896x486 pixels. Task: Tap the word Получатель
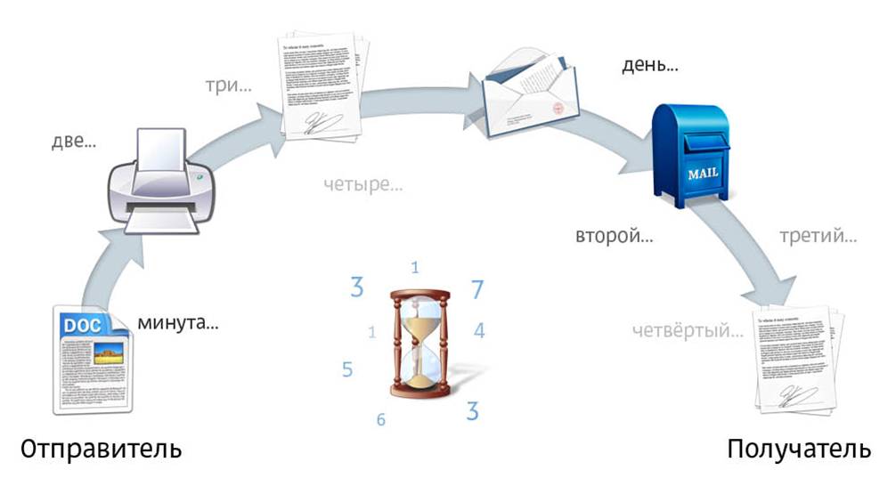click(798, 449)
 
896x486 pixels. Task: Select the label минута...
click(177, 322)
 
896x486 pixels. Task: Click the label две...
click(74, 142)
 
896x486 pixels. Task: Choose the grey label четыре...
click(363, 186)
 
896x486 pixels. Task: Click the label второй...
click(614, 238)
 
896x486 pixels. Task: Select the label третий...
click(818, 238)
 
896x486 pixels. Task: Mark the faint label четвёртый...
click(687, 331)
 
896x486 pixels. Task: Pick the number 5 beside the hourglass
click(347, 369)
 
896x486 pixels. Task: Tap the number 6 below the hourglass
click(380, 418)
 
